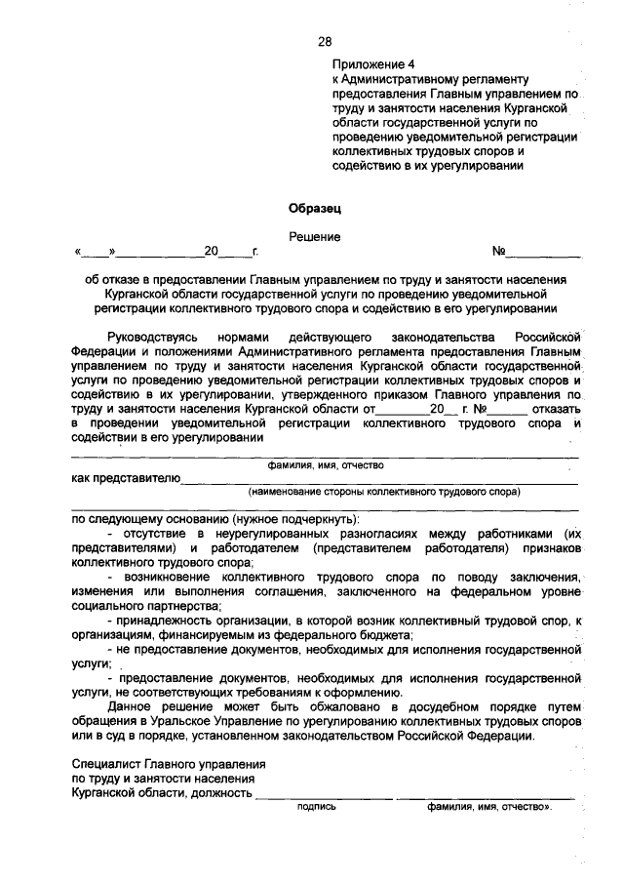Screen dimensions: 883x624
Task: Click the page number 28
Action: tap(325, 41)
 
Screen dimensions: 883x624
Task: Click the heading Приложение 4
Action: tap(369, 62)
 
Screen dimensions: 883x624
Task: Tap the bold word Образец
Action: tap(315, 207)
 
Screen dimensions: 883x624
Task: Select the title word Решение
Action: tap(314, 236)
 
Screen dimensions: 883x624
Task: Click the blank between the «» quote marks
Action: tap(97, 252)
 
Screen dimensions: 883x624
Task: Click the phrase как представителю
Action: tap(125, 478)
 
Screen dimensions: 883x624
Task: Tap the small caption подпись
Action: tap(316, 808)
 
